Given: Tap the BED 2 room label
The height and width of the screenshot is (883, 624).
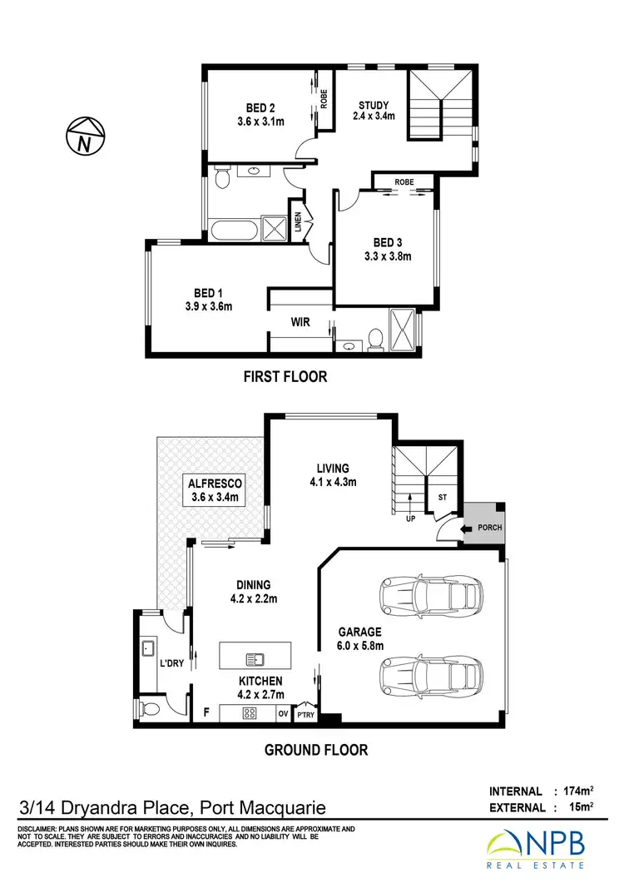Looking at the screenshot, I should (x=260, y=114).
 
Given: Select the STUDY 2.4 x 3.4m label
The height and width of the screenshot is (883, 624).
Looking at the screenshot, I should (x=374, y=111).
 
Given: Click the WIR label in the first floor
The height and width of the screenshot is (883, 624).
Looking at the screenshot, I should (x=300, y=321).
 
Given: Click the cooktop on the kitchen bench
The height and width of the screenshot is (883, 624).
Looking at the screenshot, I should (x=247, y=713).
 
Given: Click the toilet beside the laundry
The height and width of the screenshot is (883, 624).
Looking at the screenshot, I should (x=147, y=708).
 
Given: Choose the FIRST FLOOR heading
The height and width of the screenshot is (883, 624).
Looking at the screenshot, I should (x=285, y=377).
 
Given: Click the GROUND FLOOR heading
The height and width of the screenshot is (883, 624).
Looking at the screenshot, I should (x=315, y=750).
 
